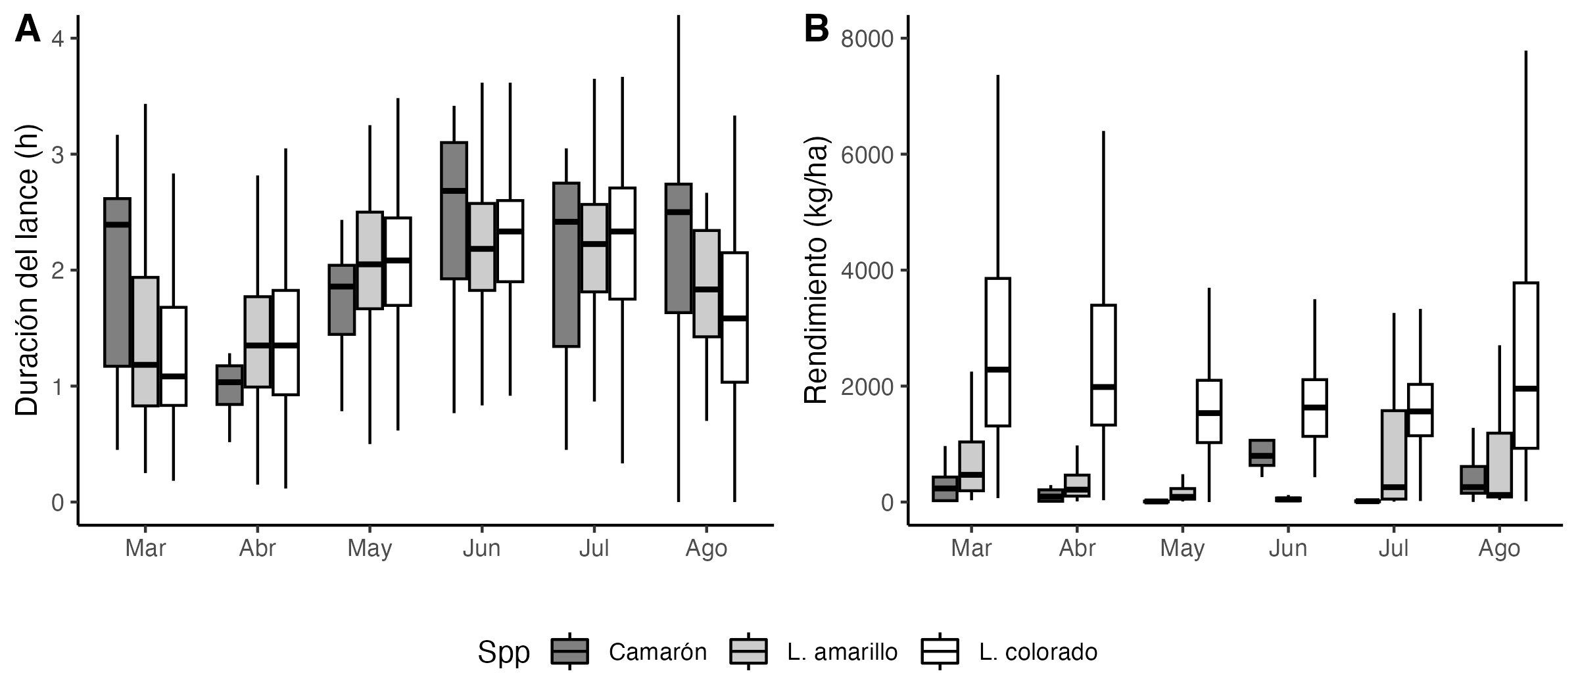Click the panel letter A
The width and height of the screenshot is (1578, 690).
(28, 30)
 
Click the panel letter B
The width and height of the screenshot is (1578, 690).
(817, 30)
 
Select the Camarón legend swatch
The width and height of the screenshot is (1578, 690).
(569, 651)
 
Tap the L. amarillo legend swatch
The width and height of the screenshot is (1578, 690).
(748, 651)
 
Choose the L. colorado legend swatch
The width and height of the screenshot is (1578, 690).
(940, 651)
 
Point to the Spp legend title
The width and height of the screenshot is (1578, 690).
(504, 652)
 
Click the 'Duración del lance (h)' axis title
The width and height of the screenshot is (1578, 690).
(28, 270)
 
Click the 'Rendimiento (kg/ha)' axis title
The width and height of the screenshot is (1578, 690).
(816, 270)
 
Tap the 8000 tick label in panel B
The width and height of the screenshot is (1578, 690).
(867, 39)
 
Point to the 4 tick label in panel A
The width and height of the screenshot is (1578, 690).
(57, 39)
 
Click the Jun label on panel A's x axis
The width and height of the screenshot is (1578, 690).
(481, 548)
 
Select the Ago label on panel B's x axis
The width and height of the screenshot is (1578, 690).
(1499, 548)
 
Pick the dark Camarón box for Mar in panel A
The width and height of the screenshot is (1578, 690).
(118, 282)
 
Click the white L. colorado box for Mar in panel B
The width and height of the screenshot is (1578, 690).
(997, 352)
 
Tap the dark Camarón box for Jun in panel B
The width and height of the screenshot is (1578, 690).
(1262, 453)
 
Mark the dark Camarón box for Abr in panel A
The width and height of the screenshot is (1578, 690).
(229, 385)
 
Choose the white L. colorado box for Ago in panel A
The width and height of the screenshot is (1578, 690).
(734, 317)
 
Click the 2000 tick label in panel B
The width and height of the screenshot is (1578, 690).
(867, 386)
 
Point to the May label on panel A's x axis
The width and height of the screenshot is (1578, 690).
(370, 548)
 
